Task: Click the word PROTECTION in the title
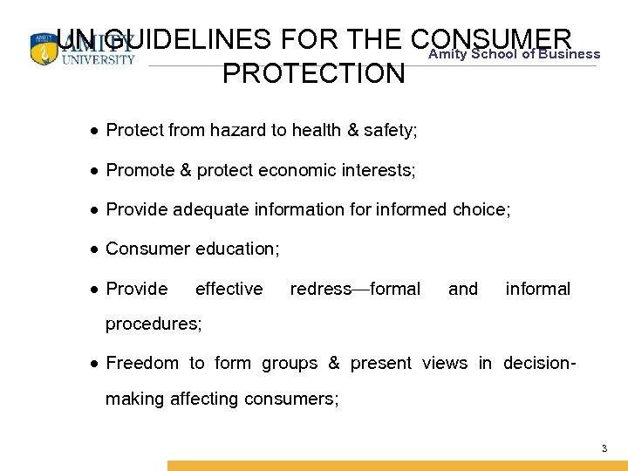click(x=314, y=73)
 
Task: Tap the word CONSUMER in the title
click(x=489, y=38)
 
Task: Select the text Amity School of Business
click(x=515, y=54)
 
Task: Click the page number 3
click(x=604, y=448)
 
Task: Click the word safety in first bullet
click(x=392, y=131)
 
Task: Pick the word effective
click(x=229, y=289)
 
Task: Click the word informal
click(x=537, y=289)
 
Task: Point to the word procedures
click(x=153, y=324)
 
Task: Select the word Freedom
click(x=142, y=363)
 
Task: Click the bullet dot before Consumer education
click(x=92, y=249)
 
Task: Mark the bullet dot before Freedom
click(x=92, y=364)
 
